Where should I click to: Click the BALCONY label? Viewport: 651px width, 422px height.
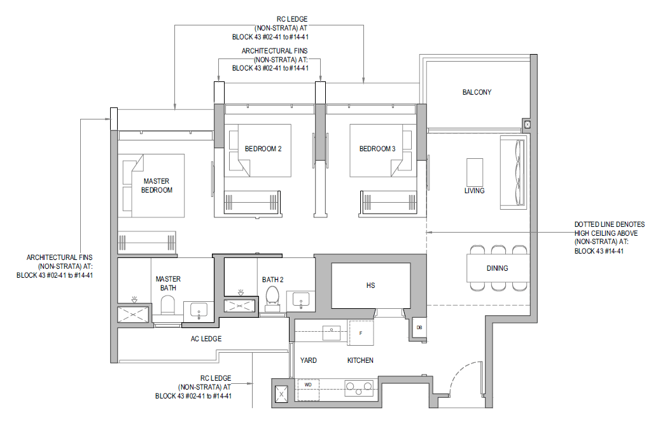click(477, 92)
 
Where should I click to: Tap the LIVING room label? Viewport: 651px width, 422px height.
click(474, 191)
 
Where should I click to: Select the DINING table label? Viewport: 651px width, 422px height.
click(497, 268)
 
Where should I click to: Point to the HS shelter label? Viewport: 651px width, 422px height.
click(370, 285)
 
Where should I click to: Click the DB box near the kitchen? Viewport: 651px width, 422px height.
click(419, 327)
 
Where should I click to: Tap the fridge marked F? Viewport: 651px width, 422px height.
click(360, 333)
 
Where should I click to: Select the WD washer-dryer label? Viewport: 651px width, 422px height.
click(308, 385)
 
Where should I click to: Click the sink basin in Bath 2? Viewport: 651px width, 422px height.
click(300, 299)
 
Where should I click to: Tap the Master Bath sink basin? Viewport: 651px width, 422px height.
click(199, 310)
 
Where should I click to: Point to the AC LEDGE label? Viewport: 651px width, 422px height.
click(206, 339)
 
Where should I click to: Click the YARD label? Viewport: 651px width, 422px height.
click(309, 360)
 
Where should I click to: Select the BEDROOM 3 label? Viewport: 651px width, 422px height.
click(377, 149)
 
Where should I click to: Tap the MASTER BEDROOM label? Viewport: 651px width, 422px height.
click(157, 186)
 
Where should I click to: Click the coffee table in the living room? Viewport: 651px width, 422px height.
click(475, 172)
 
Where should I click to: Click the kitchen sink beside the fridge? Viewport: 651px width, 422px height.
click(332, 333)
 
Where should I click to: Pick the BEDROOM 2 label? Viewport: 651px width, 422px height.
click(263, 149)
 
